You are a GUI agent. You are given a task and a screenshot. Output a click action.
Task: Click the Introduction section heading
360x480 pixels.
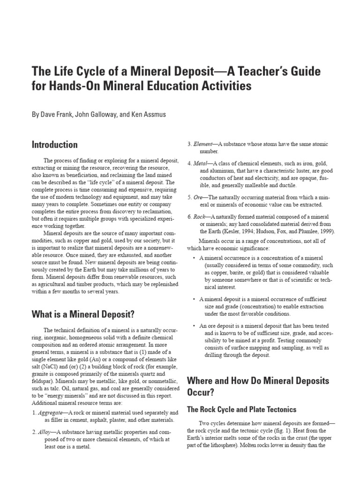click(x=54, y=144)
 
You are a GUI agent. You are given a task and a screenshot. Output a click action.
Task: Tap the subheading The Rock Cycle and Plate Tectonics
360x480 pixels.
click(x=241, y=409)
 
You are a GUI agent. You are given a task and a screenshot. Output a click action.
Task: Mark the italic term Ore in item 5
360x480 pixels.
click(x=199, y=197)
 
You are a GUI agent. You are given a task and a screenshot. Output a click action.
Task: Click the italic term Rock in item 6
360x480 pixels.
click(x=200, y=217)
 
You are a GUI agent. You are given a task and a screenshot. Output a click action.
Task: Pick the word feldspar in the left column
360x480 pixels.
click(x=43, y=382)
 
